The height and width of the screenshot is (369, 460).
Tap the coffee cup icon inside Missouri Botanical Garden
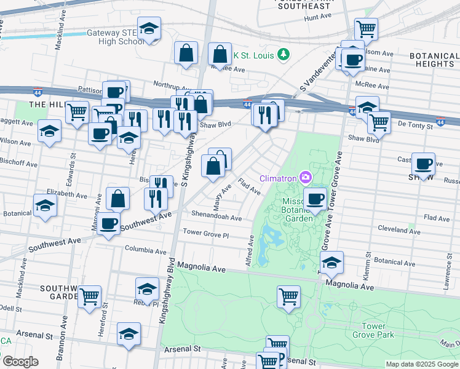pyautogui.click(x=315, y=199)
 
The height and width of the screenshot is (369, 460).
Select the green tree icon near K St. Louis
pyautogui.click(x=284, y=55)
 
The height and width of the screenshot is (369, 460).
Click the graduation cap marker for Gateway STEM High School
pyautogui.click(x=148, y=29)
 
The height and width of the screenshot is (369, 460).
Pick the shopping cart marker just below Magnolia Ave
pyautogui.click(x=288, y=296)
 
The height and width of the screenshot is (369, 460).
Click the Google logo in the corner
pyautogui.click(x=20, y=362)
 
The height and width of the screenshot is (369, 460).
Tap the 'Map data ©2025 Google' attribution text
pyautogui.click(x=421, y=364)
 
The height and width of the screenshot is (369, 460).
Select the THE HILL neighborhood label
pyautogui.click(x=46, y=105)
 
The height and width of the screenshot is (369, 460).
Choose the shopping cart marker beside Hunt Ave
pyautogui.click(x=366, y=28)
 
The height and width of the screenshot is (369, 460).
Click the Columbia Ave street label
pyautogui.click(x=146, y=251)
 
